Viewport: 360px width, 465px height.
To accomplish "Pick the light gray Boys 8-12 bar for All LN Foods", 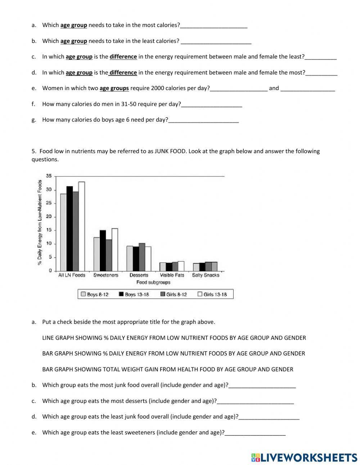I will pos(63,232).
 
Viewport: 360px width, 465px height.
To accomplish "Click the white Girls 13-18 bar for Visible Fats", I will pos(181,266).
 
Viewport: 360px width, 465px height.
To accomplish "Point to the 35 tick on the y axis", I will pos(49,176).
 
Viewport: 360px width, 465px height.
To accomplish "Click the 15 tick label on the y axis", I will pos(49,230).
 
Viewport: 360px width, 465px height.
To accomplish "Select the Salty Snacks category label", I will pos(206,275).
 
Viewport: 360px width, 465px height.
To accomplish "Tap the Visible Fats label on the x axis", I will pos(172,275).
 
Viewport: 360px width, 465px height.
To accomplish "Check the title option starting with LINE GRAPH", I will pos(174,338).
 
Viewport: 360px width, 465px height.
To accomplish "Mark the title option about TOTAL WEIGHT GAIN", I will pos(167,369).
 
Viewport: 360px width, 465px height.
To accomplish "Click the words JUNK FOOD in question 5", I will pos(171,151).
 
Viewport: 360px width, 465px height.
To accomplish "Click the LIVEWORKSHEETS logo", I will pos(304,457).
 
